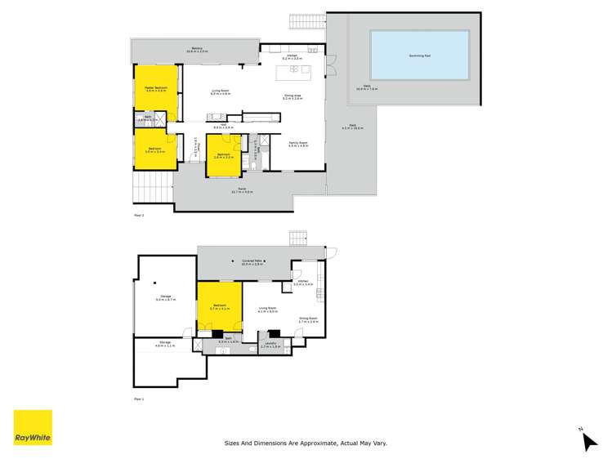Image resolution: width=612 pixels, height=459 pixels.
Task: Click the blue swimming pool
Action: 420,56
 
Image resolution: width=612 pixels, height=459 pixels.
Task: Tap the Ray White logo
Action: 33,428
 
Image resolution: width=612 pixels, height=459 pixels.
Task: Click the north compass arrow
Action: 587,440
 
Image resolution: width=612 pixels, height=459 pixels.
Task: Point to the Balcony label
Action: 197,48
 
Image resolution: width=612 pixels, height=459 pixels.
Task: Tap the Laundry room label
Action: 270,345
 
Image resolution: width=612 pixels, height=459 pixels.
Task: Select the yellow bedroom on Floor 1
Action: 219,307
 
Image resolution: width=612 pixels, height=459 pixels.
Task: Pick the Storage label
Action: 165,345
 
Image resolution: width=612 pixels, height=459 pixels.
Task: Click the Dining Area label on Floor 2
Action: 293,96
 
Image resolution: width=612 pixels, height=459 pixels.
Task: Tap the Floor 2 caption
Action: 138,216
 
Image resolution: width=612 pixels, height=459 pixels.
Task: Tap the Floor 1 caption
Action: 138,399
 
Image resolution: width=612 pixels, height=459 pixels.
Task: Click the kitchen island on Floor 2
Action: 295,73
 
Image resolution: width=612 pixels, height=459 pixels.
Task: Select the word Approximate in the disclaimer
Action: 316,443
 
